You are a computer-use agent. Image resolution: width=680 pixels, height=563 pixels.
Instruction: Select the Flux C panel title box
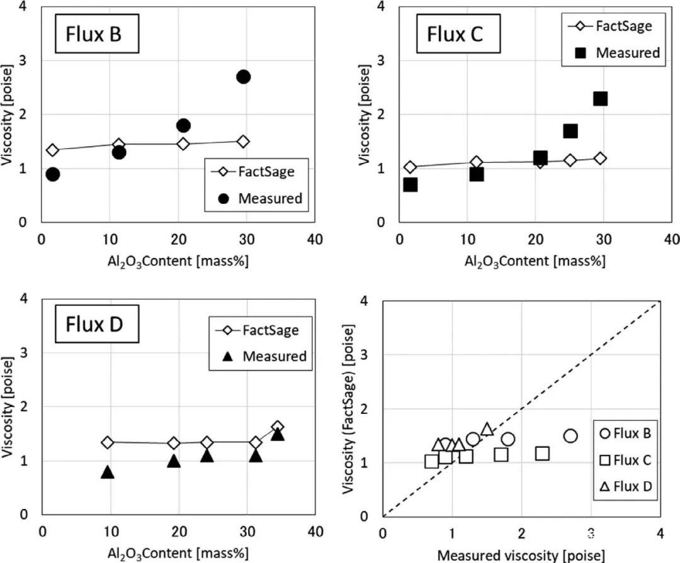pyautogui.click(x=455, y=33)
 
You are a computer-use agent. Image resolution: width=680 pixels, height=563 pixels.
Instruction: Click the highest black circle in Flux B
pyautogui.click(x=244, y=77)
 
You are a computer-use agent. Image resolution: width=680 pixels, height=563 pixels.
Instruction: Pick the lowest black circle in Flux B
pyautogui.click(x=53, y=174)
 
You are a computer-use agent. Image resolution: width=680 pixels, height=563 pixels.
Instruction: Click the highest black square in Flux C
pyautogui.click(x=600, y=99)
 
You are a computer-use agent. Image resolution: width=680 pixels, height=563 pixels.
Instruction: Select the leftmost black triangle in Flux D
pyautogui.click(x=108, y=472)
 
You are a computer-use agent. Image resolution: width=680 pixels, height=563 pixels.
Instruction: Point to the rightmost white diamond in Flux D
pyautogui.click(x=277, y=428)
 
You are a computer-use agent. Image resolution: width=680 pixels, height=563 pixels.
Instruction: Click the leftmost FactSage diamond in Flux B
pyautogui.click(x=53, y=150)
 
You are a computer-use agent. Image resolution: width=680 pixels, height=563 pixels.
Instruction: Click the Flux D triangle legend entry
pyautogui.click(x=623, y=487)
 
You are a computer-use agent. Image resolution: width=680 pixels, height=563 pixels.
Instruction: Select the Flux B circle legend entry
pyautogui.click(x=623, y=433)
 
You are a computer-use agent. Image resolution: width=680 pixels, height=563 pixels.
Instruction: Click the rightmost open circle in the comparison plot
pyautogui.click(x=570, y=436)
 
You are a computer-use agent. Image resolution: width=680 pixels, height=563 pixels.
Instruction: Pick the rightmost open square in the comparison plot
pyautogui.click(x=542, y=453)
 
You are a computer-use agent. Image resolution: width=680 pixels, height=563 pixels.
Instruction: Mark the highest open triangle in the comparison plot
pyautogui.click(x=487, y=429)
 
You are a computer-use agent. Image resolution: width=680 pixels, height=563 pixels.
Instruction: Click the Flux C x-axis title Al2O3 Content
pyautogui.click(x=535, y=261)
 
